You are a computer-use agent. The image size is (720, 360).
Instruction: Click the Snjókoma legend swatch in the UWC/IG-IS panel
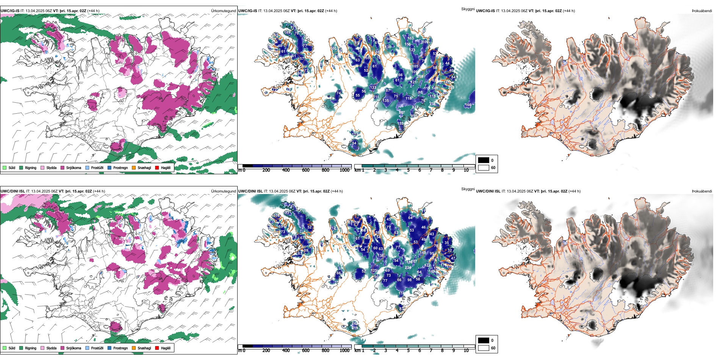63,167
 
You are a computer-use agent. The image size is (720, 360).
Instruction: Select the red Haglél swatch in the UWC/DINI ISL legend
157,348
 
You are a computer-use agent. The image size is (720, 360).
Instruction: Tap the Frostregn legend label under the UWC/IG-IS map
121,168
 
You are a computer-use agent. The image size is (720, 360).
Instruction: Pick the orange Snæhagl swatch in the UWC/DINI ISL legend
134,348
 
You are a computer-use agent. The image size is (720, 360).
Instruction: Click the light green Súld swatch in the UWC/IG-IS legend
5,167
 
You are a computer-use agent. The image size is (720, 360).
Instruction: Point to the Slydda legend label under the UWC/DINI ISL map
51,348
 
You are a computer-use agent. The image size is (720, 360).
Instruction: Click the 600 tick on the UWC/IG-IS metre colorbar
305,170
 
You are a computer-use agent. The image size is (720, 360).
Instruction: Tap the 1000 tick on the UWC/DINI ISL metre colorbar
344,351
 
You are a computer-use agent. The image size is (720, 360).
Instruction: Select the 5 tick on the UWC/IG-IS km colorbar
408,170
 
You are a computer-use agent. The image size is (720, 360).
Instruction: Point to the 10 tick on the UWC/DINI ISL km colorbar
466,351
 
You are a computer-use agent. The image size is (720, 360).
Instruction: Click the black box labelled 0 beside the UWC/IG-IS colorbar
484,160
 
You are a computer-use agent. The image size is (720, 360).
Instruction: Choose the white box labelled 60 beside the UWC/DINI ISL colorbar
484,348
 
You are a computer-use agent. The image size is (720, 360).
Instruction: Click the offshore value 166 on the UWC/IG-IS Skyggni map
468,105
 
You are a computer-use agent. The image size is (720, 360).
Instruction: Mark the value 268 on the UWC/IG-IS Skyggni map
420,77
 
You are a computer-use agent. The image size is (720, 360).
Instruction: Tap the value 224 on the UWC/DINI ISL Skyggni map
408,268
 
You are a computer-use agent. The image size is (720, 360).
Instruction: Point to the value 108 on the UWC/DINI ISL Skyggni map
277,216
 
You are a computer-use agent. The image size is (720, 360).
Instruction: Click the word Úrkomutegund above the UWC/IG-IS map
223,11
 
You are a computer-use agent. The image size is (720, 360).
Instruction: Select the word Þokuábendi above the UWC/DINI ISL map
702,191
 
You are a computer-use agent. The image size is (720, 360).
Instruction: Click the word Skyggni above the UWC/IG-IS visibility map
468,9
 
